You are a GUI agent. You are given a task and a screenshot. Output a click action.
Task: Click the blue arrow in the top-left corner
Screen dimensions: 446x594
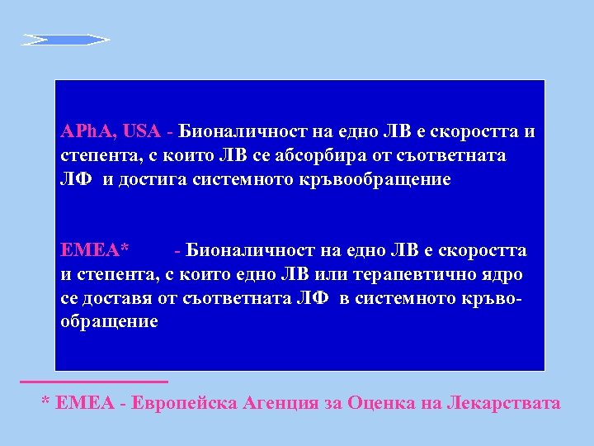tap(66, 39)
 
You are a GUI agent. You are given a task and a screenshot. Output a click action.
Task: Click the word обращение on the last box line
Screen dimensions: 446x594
tap(109, 321)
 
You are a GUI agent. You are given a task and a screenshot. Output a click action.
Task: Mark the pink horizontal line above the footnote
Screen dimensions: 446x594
tap(93, 382)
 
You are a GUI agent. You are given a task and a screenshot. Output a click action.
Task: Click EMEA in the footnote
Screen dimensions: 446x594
tap(87, 403)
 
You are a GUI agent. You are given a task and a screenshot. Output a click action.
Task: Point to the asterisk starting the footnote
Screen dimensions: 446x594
tap(46, 402)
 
